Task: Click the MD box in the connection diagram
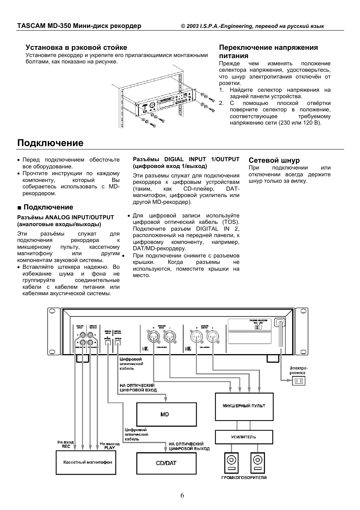166,414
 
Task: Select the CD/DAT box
166,463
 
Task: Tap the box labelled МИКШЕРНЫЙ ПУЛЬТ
244,407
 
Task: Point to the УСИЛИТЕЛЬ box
244,437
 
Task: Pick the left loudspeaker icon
231,462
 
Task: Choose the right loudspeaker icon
258,462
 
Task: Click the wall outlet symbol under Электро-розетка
298,381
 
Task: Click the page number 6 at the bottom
182,496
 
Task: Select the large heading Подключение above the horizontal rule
50,143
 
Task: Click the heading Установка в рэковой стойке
76,48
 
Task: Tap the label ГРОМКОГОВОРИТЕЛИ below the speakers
244,478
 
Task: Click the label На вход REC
66,444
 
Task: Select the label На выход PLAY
109,445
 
